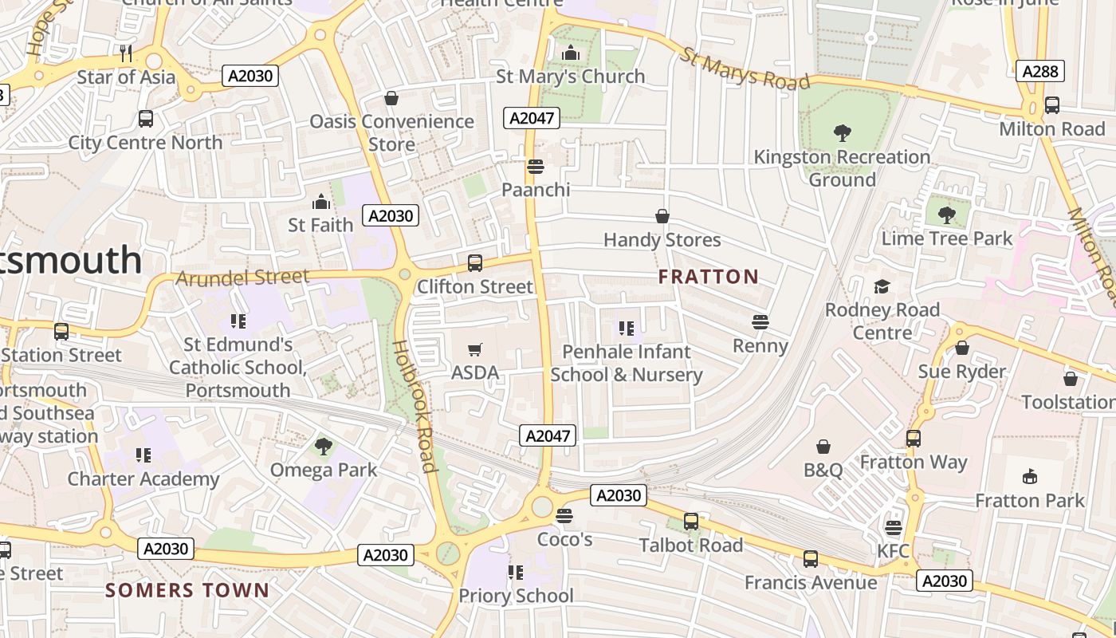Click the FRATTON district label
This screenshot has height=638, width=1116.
coord(709,277)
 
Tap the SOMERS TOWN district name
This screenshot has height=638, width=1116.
coord(187,590)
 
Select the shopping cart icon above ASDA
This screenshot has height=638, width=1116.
coord(475,349)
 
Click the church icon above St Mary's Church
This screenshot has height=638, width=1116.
coord(571,53)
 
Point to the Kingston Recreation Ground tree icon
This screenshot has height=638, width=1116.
coord(842,133)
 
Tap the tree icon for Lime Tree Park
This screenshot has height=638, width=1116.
coord(946,215)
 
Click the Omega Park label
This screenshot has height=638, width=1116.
coord(324,470)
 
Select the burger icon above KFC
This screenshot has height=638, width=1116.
coord(893,528)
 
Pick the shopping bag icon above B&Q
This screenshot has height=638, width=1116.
coord(823,447)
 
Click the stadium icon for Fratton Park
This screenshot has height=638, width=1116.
coord(1030,477)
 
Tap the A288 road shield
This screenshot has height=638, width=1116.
coord(1040,71)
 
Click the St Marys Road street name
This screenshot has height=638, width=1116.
coord(745,69)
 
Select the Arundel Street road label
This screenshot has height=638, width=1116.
coord(242,278)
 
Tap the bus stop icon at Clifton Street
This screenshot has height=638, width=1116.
coord(475,262)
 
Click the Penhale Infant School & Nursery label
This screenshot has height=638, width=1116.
coord(627,363)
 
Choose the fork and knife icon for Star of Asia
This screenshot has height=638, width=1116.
coord(125,53)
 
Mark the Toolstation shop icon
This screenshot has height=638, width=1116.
coord(1070,379)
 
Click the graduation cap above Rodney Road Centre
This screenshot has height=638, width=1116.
coord(882,286)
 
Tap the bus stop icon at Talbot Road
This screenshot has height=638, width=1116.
coord(691,522)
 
